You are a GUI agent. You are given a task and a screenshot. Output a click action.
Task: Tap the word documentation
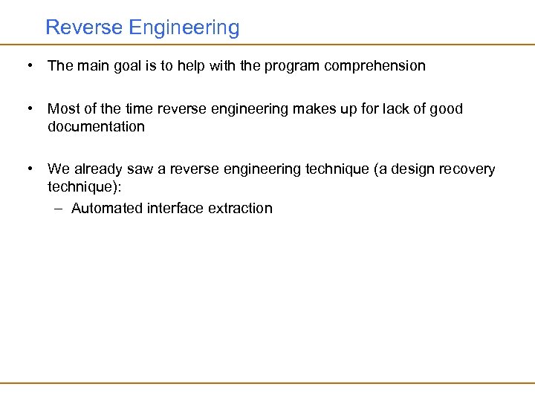pos(96,126)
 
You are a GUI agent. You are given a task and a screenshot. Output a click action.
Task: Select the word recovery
pos(468,169)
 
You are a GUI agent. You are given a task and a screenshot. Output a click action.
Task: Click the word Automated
pos(107,209)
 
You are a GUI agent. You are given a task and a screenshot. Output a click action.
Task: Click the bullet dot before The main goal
pos(28,65)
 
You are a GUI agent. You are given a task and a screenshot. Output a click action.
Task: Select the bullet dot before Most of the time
pos(28,109)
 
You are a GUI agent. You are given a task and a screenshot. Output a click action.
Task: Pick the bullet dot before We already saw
pos(28,169)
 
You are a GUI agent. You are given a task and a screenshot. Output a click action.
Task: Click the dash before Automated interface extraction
pos(59,209)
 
